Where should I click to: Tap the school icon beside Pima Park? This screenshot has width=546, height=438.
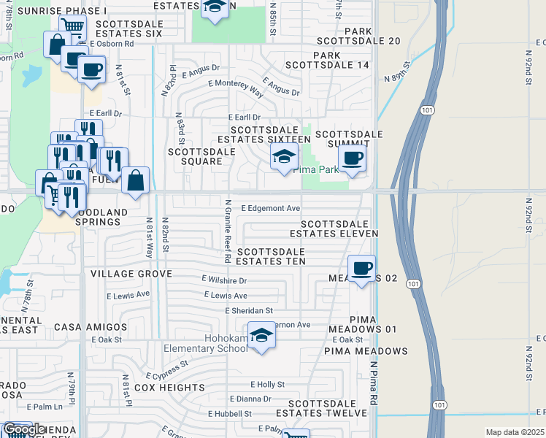coord(284,156)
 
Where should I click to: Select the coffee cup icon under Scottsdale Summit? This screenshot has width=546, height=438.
coord(352,158)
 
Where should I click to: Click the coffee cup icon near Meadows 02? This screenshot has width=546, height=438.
coord(361,269)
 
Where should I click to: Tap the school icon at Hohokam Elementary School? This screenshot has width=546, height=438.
coord(261,335)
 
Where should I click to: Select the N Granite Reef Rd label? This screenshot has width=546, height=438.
coord(228,231)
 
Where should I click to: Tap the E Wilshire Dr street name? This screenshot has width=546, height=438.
coord(224,280)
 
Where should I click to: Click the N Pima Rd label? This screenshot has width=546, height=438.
coord(373,383)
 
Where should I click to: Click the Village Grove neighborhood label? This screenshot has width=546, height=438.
coord(131,274)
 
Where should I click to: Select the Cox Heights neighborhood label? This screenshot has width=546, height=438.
coord(170,388)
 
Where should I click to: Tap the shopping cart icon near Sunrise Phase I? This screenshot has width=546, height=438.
coord(72,27)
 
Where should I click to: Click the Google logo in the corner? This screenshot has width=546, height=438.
coord(24,429)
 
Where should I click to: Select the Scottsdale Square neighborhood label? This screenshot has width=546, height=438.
coord(201,156)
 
